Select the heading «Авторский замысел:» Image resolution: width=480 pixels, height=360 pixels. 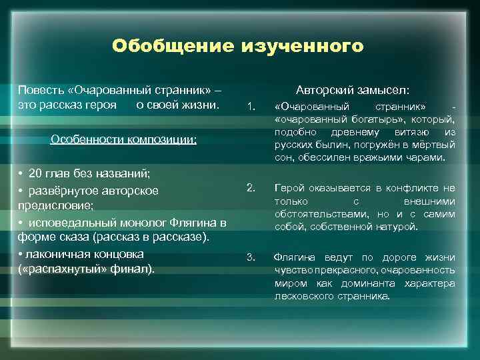point(353,90)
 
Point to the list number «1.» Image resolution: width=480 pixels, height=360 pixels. point(251,107)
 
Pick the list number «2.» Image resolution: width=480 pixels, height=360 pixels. point(251,187)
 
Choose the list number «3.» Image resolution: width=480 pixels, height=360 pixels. point(251,257)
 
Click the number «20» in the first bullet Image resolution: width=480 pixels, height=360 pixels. point(37,174)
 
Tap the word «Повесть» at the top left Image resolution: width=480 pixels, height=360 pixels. point(39,90)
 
